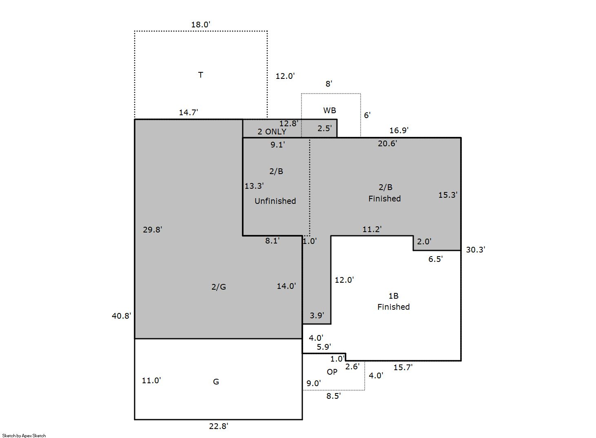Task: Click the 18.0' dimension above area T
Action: (x=200, y=25)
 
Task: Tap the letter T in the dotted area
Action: (x=200, y=75)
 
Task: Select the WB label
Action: (x=330, y=110)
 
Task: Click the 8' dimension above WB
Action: (x=329, y=84)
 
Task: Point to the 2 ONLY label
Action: (x=272, y=132)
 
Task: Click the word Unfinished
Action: (x=275, y=201)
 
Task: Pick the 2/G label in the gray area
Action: (x=219, y=287)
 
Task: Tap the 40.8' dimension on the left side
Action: (x=122, y=316)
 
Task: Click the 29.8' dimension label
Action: (x=153, y=230)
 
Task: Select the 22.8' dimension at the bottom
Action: (x=219, y=426)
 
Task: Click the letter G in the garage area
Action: (x=216, y=382)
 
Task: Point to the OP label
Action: (x=332, y=372)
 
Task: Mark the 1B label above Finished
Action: (x=393, y=296)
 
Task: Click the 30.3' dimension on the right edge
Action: (x=476, y=250)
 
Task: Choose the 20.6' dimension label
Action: (x=387, y=143)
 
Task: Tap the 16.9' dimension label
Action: (x=399, y=130)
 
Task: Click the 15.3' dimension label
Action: (x=448, y=195)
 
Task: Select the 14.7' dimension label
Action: (x=188, y=112)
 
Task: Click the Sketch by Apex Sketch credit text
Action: (x=24, y=436)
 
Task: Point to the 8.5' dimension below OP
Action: (x=333, y=396)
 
